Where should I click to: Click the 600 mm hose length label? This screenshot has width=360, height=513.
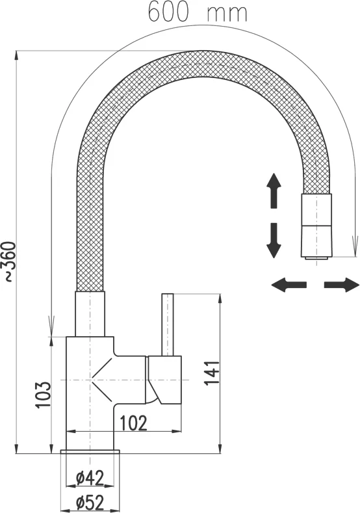(198, 12)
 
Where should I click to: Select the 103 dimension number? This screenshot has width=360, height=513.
(44, 394)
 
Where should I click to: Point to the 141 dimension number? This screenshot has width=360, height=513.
(212, 373)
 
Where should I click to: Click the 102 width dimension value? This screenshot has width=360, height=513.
(134, 423)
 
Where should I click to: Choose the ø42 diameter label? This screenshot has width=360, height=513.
(90, 478)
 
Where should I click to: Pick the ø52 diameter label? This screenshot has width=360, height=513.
(90, 503)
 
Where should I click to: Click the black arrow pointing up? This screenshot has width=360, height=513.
(274, 191)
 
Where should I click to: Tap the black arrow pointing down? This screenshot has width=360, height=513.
(274, 241)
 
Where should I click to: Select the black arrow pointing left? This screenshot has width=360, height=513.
(289, 285)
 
